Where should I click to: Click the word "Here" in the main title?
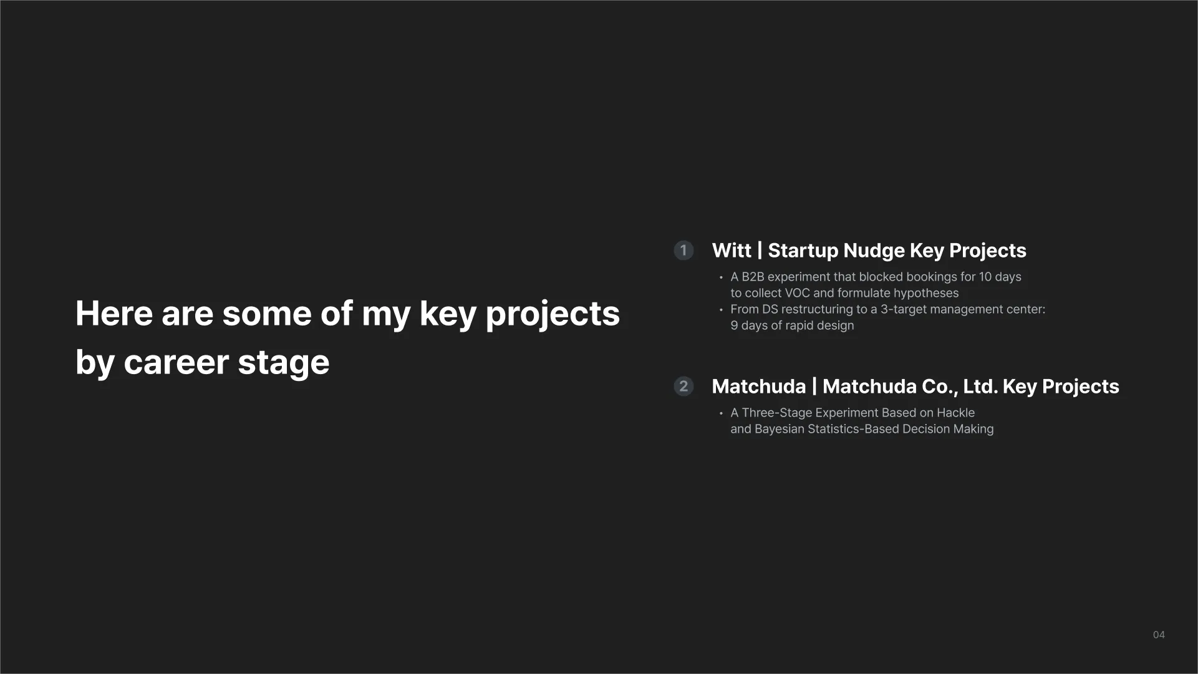114,313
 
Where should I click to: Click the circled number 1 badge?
684,251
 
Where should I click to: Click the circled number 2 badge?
684,387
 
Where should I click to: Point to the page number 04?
1159,635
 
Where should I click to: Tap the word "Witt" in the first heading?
732,251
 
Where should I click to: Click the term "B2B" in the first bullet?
753,277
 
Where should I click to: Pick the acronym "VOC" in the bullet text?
797,293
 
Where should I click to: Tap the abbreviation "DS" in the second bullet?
770,309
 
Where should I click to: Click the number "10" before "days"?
985,277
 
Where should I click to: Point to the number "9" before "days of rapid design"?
734,325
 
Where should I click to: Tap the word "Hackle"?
955,413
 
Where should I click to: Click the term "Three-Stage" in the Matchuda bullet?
776,413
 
